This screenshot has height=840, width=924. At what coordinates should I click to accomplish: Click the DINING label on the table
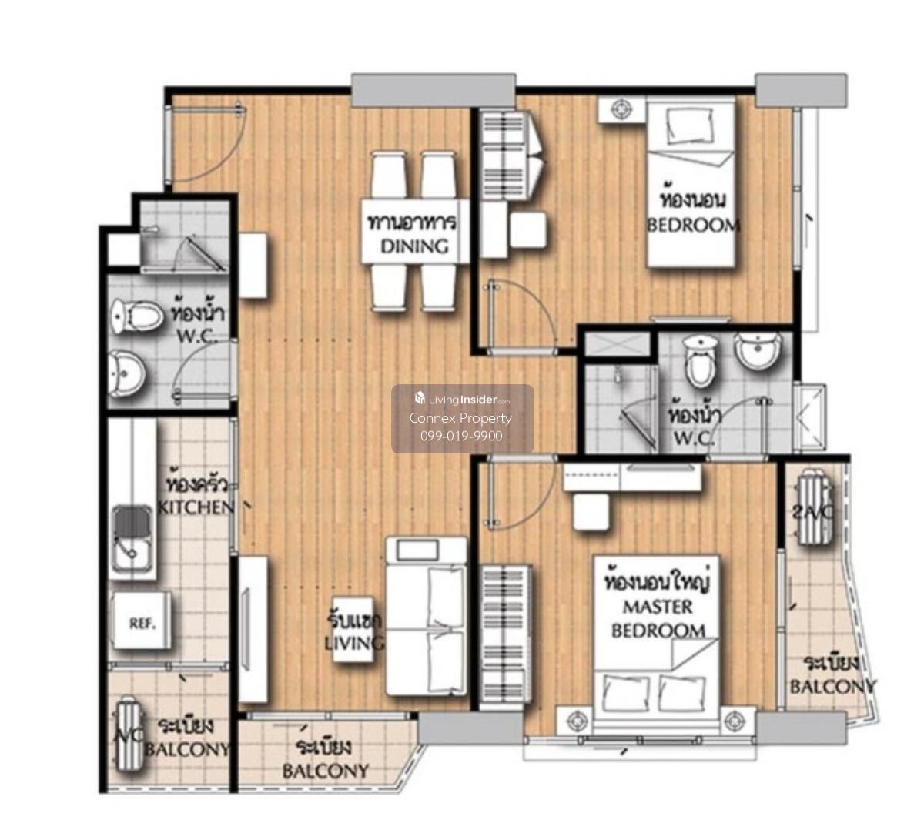click(414, 246)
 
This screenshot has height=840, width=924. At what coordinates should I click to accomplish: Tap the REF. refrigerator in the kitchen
click(142, 624)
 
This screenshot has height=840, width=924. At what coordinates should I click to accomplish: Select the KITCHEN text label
click(196, 507)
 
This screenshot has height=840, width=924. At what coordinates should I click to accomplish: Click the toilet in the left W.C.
click(137, 316)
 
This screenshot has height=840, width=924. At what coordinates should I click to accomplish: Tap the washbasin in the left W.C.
click(127, 373)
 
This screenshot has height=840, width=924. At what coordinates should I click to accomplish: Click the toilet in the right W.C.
click(700, 361)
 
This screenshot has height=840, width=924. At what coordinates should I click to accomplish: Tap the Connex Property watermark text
click(460, 418)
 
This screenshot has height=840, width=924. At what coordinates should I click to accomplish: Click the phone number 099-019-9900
click(461, 436)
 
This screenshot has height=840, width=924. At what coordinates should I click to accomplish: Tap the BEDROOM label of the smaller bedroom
click(693, 226)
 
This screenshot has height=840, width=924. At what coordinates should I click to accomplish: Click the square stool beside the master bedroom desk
click(592, 511)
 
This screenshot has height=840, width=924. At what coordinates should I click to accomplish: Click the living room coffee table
click(353, 630)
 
